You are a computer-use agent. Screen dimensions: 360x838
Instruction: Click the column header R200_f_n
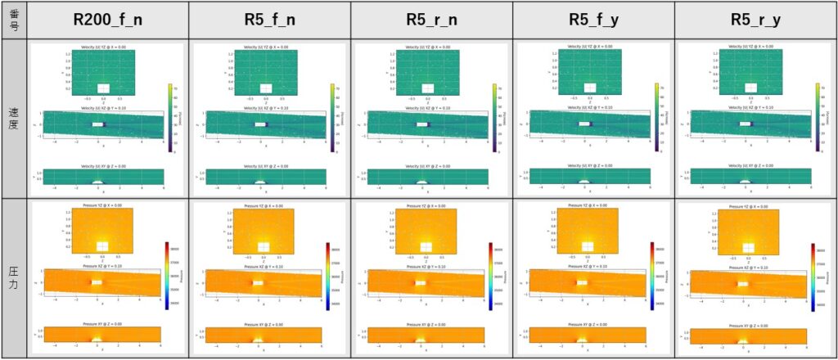(x=108, y=20)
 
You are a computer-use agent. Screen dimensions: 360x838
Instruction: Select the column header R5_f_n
(x=270, y=20)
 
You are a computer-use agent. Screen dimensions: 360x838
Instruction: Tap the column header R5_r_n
(x=432, y=20)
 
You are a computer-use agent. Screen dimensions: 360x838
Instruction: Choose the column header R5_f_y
(x=593, y=20)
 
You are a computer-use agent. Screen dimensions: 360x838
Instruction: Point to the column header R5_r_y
(x=755, y=20)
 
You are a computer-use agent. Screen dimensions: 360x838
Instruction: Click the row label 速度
(x=14, y=117)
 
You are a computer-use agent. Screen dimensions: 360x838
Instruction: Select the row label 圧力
(x=14, y=278)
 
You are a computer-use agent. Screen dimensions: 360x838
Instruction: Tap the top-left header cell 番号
(x=14, y=20)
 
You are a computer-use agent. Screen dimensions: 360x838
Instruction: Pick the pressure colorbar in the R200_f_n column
(x=166, y=276)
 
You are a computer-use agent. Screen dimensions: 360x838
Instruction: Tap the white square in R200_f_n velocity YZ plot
(x=103, y=88)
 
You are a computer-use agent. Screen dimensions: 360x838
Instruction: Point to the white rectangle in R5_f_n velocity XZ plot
(x=259, y=124)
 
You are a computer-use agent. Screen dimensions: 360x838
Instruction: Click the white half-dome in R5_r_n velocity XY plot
(x=421, y=181)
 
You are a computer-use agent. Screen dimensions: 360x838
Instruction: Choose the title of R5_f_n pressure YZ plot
(x=262, y=206)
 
